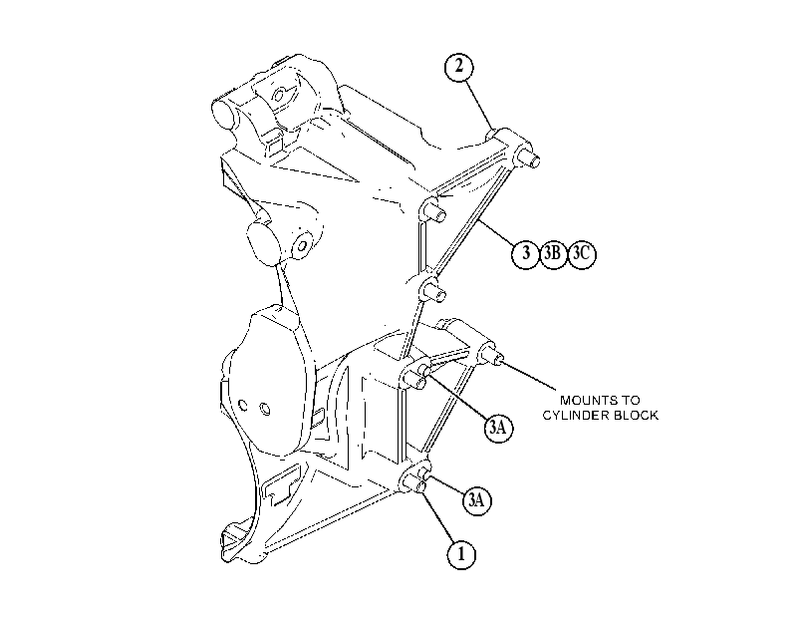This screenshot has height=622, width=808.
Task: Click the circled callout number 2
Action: pos(458,67)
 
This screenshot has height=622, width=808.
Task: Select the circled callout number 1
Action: pos(460,554)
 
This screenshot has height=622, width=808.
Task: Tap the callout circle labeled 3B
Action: pos(552,253)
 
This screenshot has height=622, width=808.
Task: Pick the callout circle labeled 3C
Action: pos(581,253)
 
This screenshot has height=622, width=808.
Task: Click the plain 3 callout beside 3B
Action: pos(525,253)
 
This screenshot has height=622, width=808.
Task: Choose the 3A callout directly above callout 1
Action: pos(476,500)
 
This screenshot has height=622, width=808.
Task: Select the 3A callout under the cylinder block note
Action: pos(498,428)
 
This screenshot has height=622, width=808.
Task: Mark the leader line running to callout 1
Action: pos(435,516)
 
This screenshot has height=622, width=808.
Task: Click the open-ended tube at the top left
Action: pos(225,112)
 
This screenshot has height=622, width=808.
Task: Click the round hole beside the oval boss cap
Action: pos(303,245)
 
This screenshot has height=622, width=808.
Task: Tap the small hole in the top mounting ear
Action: pos(279,96)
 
